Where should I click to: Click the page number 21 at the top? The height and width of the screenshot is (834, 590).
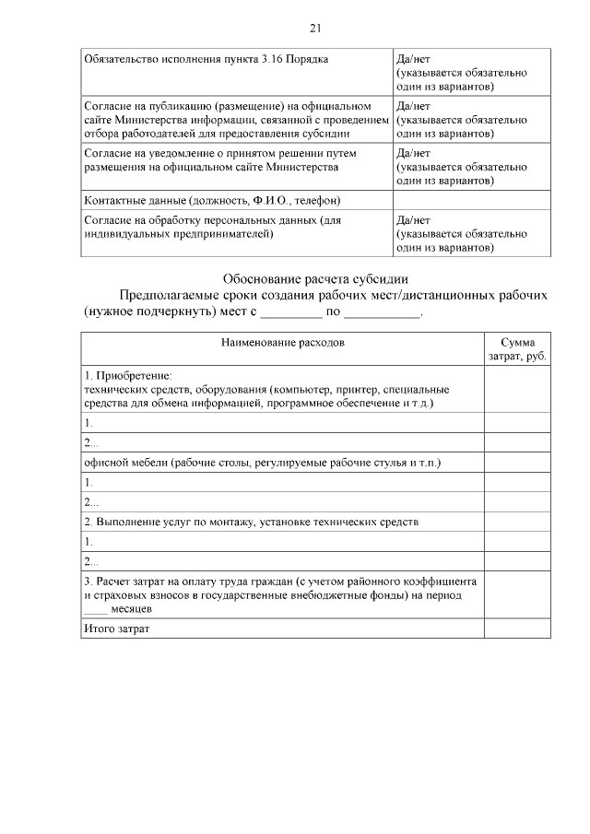coord(314,28)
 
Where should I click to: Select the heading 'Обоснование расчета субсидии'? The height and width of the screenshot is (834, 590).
coord(314,278)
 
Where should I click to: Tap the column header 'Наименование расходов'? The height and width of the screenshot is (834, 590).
coord(282,342)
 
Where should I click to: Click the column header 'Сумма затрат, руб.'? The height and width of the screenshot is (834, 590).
coord(517,348)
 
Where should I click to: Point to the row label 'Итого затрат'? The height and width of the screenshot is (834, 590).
coord(116,628)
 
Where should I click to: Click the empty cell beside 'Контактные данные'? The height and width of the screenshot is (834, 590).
coord(471,200)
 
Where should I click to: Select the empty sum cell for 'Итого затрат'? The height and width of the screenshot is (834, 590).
coord(517,628)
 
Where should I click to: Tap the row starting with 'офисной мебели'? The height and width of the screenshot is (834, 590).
coord(262,463)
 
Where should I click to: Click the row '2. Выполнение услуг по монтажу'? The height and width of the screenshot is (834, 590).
coord(251,522)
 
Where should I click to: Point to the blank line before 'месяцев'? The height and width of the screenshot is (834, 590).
coord(95,609)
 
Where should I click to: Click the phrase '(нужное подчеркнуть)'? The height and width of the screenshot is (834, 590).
coord(137,312)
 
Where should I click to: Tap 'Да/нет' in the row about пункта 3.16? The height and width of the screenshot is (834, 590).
coord(412,59)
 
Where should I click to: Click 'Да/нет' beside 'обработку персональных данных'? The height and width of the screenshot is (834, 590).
coord(412,221)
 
